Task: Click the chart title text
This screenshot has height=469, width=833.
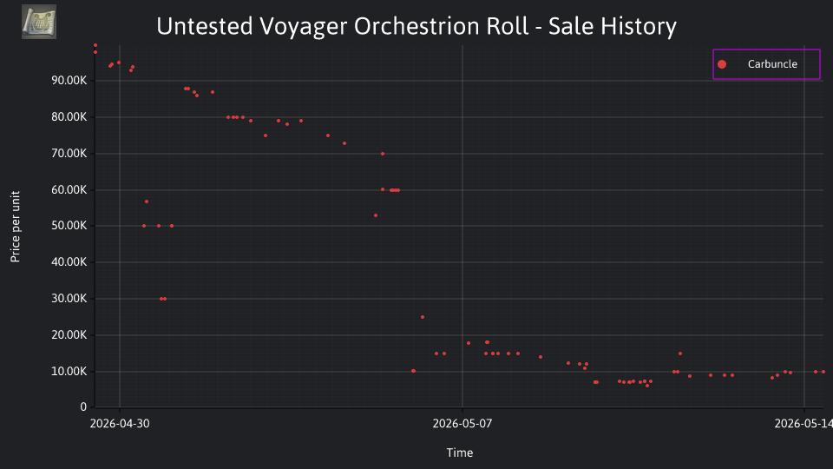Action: pos(416,26)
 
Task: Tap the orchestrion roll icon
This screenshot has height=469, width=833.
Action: pos(39,22)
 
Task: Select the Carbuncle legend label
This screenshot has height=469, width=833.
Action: pos(772,63)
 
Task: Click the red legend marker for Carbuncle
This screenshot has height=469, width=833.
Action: pos(722,64)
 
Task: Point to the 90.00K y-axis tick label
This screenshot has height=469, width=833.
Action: pos(69,80)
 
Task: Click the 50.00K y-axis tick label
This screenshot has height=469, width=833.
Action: pos(69,226)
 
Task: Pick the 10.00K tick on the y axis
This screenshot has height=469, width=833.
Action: pos(69,371)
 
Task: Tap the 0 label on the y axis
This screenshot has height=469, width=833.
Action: pos(83,406)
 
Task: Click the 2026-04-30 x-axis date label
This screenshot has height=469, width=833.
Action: pos(120,423)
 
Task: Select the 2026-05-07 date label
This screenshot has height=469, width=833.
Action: pos(462,423)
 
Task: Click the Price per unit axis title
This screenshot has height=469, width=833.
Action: pos(15,227)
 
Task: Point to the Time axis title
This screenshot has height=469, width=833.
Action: pos(460,452)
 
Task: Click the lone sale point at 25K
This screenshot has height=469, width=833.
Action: pos(423,317)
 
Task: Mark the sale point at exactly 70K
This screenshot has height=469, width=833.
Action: pos(383,154)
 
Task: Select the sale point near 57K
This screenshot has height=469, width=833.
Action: pos(147,201)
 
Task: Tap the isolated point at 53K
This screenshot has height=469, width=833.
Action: pos(376,215)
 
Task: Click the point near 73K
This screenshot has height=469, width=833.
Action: pos(344,143)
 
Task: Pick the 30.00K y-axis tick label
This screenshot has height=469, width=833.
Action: pos(69,298)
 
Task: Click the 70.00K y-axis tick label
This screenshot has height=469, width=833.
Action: pos(69,153)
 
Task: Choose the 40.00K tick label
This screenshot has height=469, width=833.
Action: pos(69,261)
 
